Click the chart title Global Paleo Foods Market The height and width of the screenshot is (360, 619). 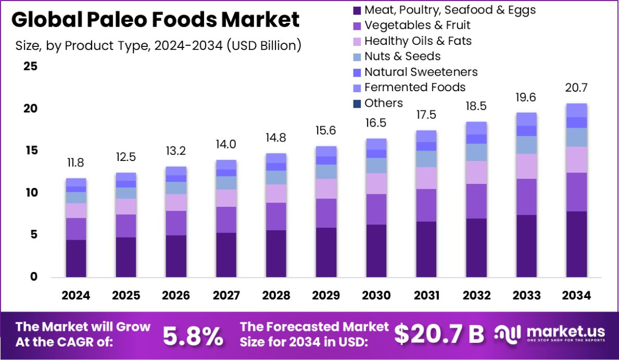(x=155, y=20)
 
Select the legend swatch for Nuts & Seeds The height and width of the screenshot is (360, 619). (x=357, y=57)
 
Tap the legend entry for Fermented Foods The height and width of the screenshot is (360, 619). (x=414, y=87)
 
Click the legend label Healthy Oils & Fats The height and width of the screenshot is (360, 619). (x=418, y=41)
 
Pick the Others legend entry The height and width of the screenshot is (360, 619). (x=383, y=103)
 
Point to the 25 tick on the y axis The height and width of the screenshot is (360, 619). (x=30, y=67)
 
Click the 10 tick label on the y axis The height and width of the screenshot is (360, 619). (x=30, y=193)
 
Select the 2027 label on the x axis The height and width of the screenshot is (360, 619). (x=226, y=296)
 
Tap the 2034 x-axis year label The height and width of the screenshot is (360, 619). (x=577, y=296)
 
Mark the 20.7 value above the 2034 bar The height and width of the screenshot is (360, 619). (x=577, y=88)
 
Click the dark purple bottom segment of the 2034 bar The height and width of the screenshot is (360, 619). (x=577, y=244)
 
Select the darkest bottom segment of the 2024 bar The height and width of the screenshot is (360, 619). (x=76, y=258)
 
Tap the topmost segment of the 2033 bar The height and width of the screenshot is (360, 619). (x=526, y=119)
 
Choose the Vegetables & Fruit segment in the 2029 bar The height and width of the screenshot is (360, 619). (x=326, y=213)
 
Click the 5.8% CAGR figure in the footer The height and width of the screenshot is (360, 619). (x=193, y=336)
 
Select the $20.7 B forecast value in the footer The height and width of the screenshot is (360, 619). (x=438, y=334)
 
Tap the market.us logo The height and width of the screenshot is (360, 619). (x=549, y=334)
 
